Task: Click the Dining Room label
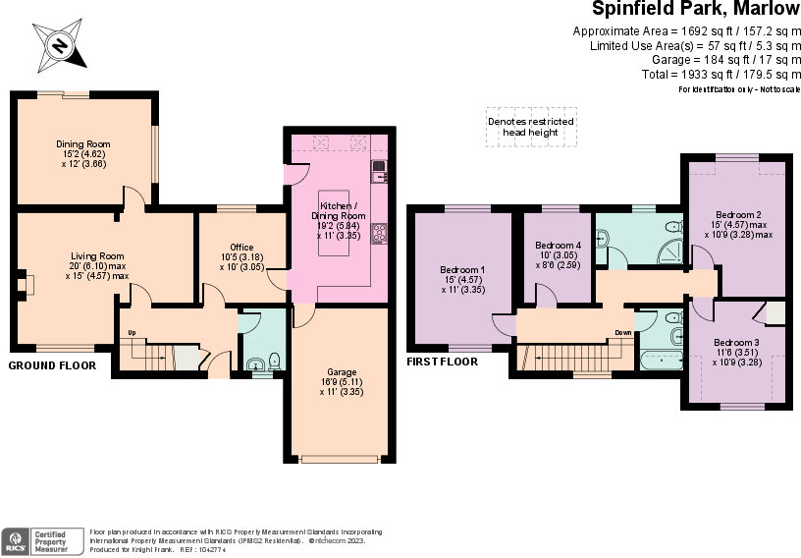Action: pyautogui.click(x=83, y=144)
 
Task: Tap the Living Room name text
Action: pyautogui.click(x=97, y=255)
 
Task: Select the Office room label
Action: pyautogui.click(x=241, y=248)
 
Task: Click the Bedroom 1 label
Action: pyautogui.click(x=461, y=270)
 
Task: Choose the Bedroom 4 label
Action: pyautogui.click(x=558, y=245)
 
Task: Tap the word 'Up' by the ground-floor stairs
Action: pyautogui.click(x=131, y=332)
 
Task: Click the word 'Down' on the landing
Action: pyautogui.click(x=623, y=332)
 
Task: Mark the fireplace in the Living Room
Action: pyautogui.click(x=27, y=285)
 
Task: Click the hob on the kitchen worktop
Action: pyautogui.click(x=379, y=233)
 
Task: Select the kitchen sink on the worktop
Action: pyautogui.click(x=379, y=172)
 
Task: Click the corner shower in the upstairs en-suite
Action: pyautogui.click(x=672, y=251)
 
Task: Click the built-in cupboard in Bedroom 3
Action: pyautogui.click(x=774, y=313)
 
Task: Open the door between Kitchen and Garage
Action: pyautogui.click(x=304, y=316)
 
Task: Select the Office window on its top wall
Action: pyautogui.click(x=236, y=208)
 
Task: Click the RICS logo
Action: pyautogui.click(x=15, y=541)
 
